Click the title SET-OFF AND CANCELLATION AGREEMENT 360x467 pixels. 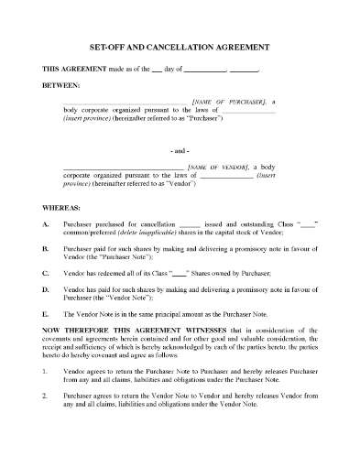(180, 46)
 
